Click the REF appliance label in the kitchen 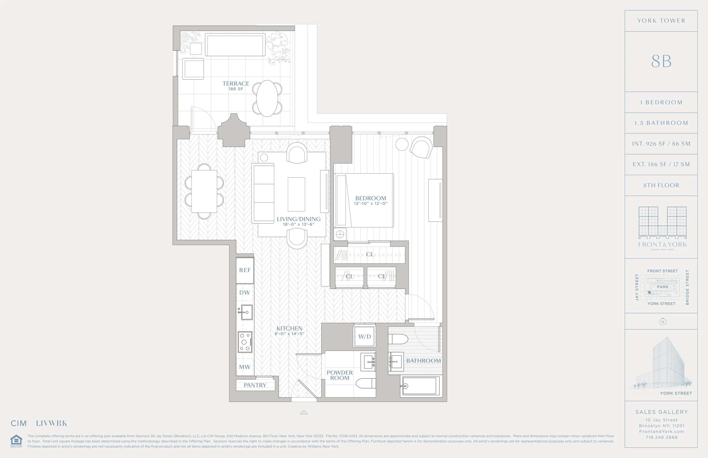[x=245, y=270]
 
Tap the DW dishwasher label [x=244, y=292]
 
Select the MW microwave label [x=244, y=367]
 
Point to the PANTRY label [x=255, y=385]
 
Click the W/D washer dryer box [x=364, y=336]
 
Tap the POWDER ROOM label [x=340, y=375]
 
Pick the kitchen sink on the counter [x=246, y=312]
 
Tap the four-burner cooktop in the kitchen [x=245, y=342]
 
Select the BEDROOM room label [x=371, y=198]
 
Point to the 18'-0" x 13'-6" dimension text [x=298, y=224]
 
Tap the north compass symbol [x=662, y=322]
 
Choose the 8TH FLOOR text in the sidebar [x=661, y=185]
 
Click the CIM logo [x=19, y=423]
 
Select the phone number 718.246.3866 [x=661, y=437]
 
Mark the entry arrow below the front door [x=304, y=412]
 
